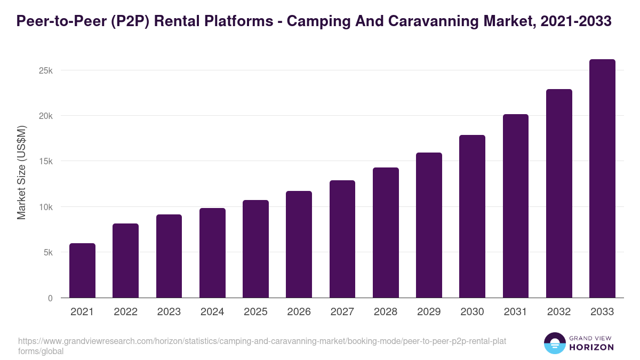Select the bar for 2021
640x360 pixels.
tap(82, 270)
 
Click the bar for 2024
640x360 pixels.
tap(212, 253)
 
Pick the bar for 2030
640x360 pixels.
tap(473, 217)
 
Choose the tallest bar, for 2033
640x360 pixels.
tap(602, 179)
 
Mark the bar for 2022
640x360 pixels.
tap(125, 261)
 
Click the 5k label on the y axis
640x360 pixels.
tap(48, 252)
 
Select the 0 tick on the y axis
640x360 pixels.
tap(50, 298)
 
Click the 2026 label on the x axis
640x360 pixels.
tap(299, 312)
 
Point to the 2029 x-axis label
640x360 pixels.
tap(429, 312)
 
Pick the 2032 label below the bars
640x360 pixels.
tap(559, 312)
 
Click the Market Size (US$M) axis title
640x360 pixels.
tap(21, 172)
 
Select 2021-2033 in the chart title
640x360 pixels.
tap(575, 21)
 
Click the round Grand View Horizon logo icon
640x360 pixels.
tap(554, 343)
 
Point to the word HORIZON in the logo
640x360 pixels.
tap(591, 347)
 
